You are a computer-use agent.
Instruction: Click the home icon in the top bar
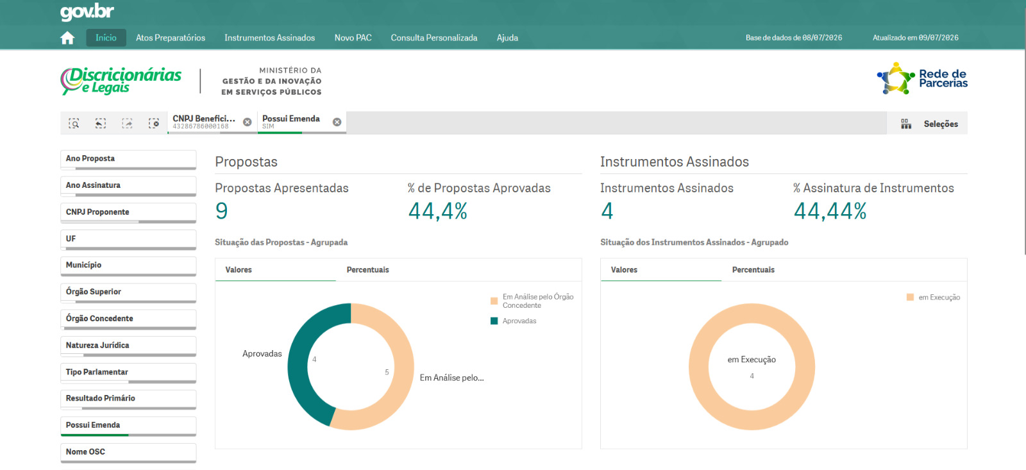67,38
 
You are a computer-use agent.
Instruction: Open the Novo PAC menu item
353,38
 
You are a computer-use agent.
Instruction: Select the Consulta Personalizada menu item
433,38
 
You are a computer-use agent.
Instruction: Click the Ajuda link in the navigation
507,38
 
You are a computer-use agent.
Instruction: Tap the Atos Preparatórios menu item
171,38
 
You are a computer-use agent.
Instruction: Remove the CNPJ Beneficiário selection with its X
248,122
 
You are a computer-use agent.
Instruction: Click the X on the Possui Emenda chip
337,122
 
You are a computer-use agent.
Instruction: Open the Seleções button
929,124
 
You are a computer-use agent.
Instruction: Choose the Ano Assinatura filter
128,186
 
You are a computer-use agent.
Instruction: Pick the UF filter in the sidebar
128,240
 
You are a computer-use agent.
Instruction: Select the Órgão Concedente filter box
128,319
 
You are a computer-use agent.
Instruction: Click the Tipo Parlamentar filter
128,373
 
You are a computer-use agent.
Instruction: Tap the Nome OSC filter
128,453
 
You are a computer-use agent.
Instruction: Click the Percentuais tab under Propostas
367,270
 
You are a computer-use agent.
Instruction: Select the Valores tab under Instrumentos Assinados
624,270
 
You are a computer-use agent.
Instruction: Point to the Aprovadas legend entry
514,321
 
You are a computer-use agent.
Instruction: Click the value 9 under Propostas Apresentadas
221,211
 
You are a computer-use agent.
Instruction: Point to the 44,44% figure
830,211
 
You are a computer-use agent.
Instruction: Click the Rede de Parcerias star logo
895,78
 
